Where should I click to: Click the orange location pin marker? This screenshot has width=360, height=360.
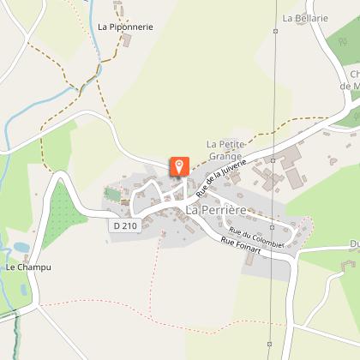[x=180, y=165]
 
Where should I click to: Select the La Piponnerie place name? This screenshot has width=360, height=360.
[x=125, y=27]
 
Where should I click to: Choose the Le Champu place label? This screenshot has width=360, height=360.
[x=28, y=267]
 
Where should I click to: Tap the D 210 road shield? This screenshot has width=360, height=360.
[x=125, y=225]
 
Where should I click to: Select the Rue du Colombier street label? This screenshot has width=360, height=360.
[x=257, y=234]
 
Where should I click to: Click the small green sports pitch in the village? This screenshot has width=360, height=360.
[x=113, y=194]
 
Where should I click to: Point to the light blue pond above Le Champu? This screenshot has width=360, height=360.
[x=21, y=248]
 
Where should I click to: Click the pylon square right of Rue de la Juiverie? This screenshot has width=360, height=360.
[x=273, y=159]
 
